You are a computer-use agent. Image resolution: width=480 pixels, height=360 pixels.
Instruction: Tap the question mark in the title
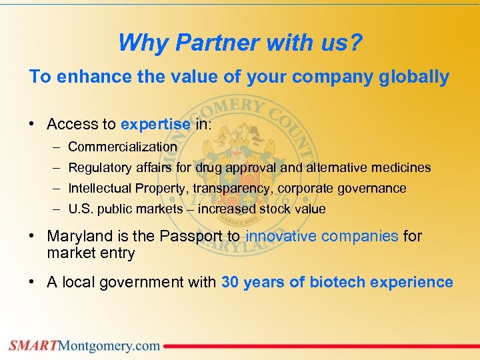click(357, 43)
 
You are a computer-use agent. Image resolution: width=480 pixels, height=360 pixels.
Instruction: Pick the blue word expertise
click(156, 124)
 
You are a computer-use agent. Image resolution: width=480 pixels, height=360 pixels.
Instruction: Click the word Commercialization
click(123, 147)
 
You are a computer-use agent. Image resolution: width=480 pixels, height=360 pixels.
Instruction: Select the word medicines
click(401, 167)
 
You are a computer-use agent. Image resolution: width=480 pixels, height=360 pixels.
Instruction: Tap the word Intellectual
click(100, 188)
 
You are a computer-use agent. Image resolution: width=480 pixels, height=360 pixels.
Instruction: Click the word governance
click(373, 188)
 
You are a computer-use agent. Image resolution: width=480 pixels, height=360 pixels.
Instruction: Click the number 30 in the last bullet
click(230, 282)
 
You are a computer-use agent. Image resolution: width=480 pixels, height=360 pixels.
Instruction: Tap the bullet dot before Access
click(33, 125)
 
